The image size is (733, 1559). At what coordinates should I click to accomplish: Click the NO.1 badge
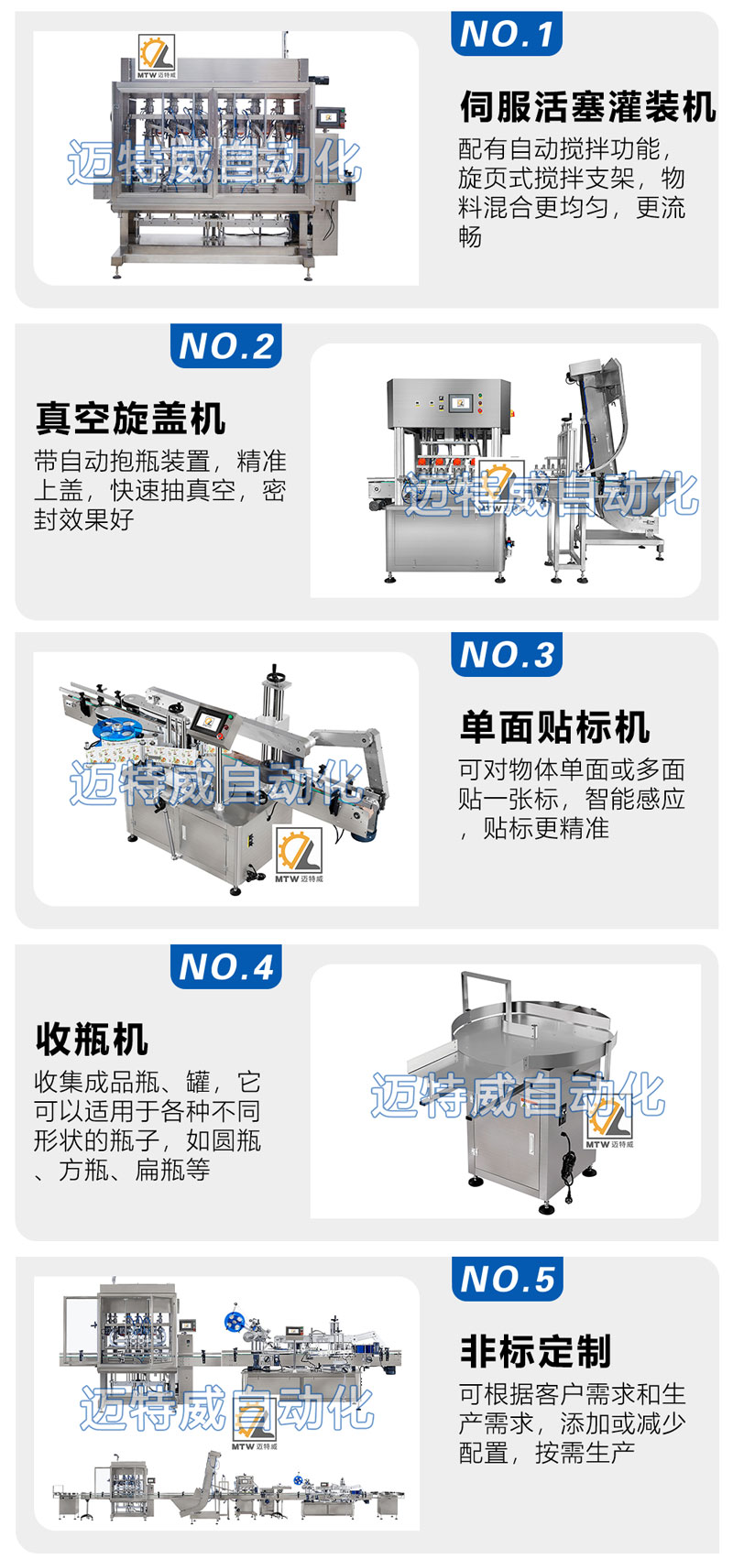[506, 33]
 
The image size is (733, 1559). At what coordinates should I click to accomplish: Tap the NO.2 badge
[225, 346]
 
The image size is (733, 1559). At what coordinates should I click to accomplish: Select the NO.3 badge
[506, 655]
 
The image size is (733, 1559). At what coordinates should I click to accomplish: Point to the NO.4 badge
[225, 966]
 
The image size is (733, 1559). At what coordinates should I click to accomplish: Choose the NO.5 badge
[507, 1280]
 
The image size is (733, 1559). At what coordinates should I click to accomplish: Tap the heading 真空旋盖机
[130, 419]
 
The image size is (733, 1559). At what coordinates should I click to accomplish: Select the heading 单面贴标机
[555, 727]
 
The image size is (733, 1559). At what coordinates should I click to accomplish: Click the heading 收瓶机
[92, 1039]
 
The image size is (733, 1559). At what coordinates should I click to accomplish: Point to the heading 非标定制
[535, 1352]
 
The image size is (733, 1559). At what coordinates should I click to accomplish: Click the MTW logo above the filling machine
[156, 56]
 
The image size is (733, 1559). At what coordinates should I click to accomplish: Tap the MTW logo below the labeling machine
[300, 856]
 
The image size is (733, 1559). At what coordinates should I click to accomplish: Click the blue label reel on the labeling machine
[117, 729]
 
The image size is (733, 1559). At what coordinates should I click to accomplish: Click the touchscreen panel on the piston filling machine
[332, 116]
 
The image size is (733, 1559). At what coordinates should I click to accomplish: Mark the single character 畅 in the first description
[471, 237]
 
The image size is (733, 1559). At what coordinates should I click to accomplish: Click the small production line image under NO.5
[228, 1491]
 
